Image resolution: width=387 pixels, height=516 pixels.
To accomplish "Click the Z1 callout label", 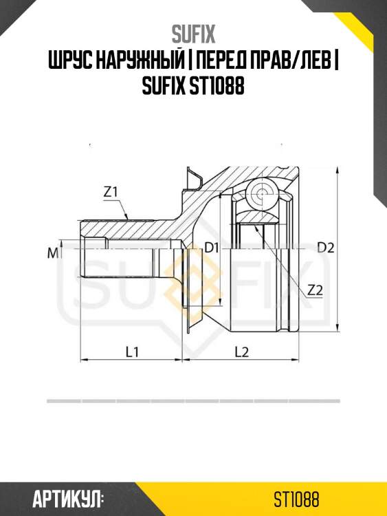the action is click(111, 192).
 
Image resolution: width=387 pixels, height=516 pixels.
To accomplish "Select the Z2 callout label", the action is click(315, 290).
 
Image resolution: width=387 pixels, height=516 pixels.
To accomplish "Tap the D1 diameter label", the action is click(212, 247).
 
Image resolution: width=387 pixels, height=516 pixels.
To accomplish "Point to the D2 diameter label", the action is click(326, 248).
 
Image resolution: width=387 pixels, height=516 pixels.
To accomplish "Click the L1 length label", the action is click(132, 352).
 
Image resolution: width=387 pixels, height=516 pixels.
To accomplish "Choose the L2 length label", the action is click(242, 352).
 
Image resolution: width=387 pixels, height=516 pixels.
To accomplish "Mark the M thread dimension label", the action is click(53, 252).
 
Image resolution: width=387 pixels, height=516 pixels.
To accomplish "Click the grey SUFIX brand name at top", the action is click(193, 34).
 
